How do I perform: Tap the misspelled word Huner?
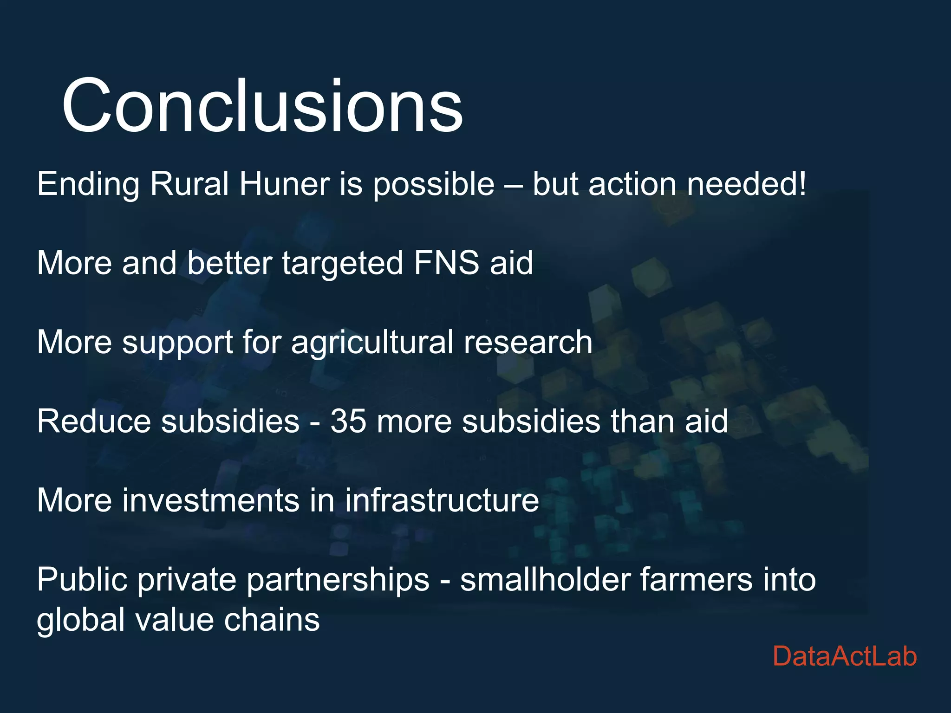click(285, 184)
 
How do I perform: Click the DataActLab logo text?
click(845, 656)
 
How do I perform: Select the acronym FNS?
click(446, 263)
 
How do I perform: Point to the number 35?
click(348, 421)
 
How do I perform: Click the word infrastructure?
click(442, 500)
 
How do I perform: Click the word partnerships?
click(338, 580)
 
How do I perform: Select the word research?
click(528, 343)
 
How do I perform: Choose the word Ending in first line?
click(88, 184)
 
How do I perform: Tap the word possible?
click(434, 184)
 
